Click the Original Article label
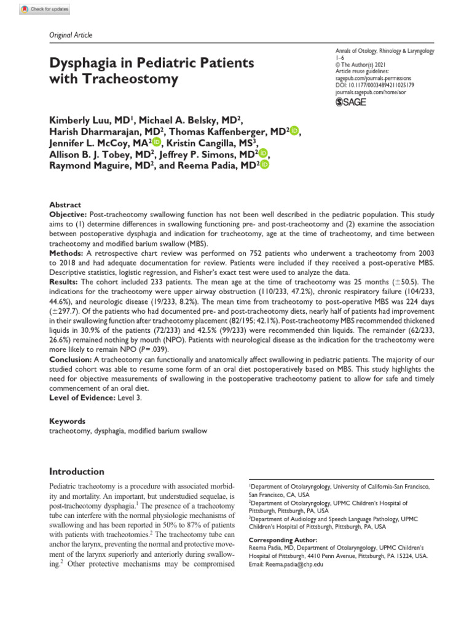pyautogui.click(x=70, y=35)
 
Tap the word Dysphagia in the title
pyautogui.click(x=85, y=63)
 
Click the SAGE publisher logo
pyautogui.click(x=352, y=102)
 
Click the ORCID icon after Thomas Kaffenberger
pyautogui.click(x=294, y=130)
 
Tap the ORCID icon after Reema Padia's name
pyautogui.click(x=264, y=165)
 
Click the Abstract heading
pyautogui.click(x=65, y=205)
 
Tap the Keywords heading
pyautogui.click(x=67, y=421)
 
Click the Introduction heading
pyautogui.click(x=77, y=471)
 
